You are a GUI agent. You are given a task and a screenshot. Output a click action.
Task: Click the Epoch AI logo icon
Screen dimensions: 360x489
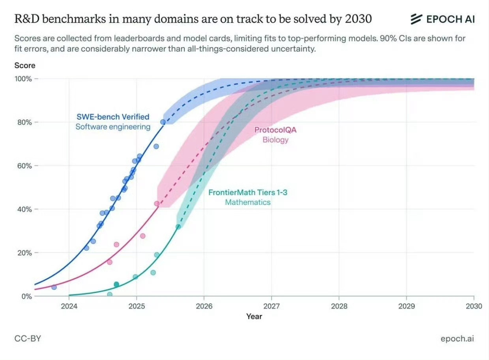416,19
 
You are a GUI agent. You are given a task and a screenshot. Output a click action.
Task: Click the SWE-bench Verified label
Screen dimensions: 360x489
113,117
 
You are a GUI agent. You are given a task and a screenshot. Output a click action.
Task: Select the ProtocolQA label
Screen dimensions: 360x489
275,130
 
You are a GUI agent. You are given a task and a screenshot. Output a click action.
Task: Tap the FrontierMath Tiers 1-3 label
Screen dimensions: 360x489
248,193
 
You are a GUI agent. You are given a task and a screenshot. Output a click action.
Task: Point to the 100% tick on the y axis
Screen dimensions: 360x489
23,79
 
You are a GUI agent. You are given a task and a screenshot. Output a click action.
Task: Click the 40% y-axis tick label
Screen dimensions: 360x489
23,209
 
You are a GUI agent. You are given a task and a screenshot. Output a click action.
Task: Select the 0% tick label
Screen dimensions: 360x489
26,296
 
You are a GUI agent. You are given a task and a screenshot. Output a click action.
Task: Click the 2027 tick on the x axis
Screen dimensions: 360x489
271,306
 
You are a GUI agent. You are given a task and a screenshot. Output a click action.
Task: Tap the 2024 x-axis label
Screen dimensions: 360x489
69,306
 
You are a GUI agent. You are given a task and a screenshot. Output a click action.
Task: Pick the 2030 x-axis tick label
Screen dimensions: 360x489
474,306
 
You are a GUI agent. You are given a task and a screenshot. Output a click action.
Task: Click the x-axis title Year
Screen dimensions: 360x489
254,316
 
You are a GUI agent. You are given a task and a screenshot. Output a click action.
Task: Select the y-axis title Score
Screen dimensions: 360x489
25,66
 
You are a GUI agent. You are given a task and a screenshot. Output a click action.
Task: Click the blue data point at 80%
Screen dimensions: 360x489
163,122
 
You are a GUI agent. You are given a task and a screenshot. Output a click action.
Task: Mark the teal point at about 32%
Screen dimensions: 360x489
178,227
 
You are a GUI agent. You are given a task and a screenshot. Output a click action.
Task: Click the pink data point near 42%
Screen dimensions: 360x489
157,204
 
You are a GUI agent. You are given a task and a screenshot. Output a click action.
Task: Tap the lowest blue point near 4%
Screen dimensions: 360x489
54,287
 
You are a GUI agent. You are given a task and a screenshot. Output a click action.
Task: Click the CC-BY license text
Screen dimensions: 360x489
28,339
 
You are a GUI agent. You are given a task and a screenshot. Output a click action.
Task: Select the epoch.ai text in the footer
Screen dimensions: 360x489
457,339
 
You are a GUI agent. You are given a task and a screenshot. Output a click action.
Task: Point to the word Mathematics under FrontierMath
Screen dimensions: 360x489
248,202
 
